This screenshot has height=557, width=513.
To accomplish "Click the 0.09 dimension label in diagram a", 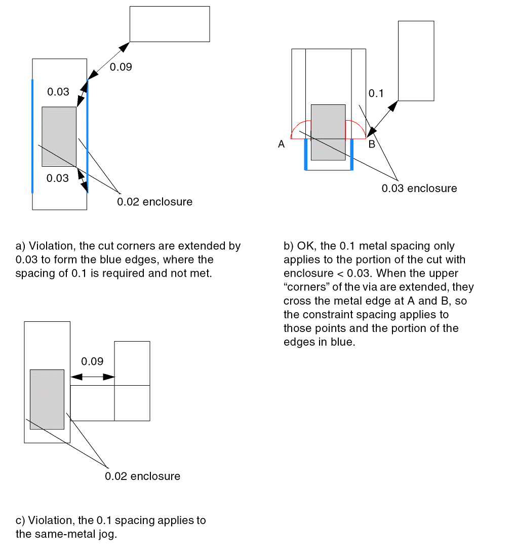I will point(121,67).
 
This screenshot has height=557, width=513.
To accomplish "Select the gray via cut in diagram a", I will point(59,136).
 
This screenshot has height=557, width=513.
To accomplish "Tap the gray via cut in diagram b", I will point(328,132).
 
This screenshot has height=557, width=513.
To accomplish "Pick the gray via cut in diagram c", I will point(47,399).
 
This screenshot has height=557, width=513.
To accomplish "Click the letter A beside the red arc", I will point(282,144).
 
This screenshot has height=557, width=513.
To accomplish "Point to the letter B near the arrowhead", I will point(372,144).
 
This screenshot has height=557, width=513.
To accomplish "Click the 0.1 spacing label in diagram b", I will point(376,93).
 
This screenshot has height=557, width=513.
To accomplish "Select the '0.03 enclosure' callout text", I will point(419,189).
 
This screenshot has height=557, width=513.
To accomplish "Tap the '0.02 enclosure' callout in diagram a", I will point(155,202).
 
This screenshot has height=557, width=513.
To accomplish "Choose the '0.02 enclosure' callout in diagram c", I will point(143,476).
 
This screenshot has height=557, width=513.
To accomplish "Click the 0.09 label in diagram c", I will point(92,361).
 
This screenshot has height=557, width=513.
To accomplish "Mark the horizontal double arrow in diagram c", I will point(92,377).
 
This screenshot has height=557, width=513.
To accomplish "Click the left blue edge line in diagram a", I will point(32,136).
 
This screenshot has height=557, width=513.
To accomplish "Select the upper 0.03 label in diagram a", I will point(58,92).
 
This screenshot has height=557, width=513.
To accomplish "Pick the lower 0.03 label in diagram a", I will point(57,178).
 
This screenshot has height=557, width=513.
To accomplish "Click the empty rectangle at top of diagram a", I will point(170,24).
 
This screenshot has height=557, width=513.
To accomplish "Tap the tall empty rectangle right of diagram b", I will point(416,61).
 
